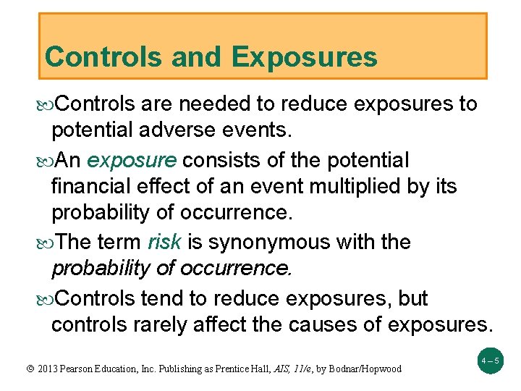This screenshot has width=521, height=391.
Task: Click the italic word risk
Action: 164,242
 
